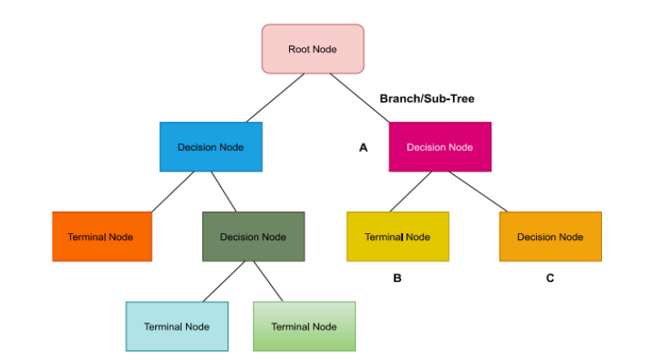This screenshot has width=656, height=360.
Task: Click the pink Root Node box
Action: point(312,49)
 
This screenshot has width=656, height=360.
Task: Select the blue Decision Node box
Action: point(210,147)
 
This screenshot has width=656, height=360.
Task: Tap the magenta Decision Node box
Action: point(439,147)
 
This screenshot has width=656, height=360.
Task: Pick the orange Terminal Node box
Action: point(101,237)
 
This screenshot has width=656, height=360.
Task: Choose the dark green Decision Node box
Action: point(253,237)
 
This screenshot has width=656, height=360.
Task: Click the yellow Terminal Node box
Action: point(397,237)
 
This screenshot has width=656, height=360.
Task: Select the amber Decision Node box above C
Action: point(550,237)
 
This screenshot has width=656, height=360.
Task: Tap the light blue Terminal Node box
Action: point(177,327)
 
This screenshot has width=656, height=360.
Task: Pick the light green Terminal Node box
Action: point(304,327)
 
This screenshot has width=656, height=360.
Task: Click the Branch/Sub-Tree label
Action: point(427,99)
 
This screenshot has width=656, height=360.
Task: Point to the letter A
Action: point(363,147)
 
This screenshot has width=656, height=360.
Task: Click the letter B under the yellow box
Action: point(397,278)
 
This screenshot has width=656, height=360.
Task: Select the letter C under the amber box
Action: point(550,278)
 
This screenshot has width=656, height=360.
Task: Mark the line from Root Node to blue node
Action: point(274,98)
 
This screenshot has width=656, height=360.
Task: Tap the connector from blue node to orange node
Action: point(174,191)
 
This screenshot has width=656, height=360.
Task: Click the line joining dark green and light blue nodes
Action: point(224,281)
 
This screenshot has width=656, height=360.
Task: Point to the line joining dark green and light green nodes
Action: point(270,281)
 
